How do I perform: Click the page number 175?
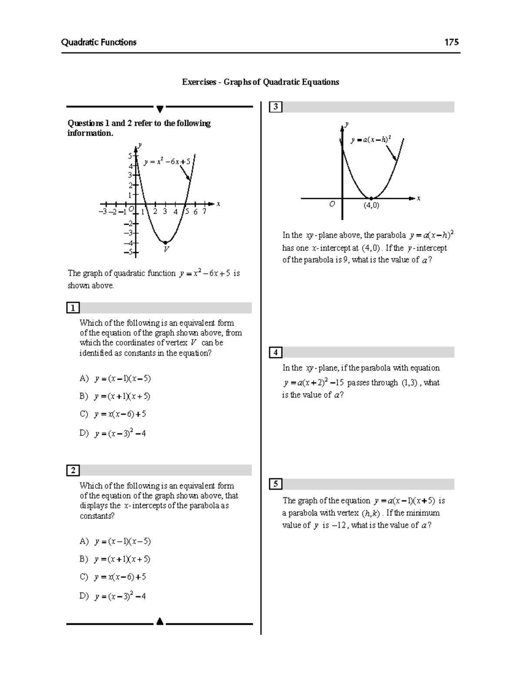coord(451,42)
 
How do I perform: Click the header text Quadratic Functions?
coord(99,42)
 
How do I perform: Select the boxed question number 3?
coord(276,107)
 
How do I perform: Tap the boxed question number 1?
coord(73,308)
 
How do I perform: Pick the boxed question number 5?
coord(276,484)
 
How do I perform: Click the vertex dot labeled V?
coord(165,242)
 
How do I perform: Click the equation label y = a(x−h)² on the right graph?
coord(371,140)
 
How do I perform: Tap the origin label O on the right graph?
coord(332,204)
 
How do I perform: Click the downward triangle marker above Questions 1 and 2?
coord(160,108)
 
